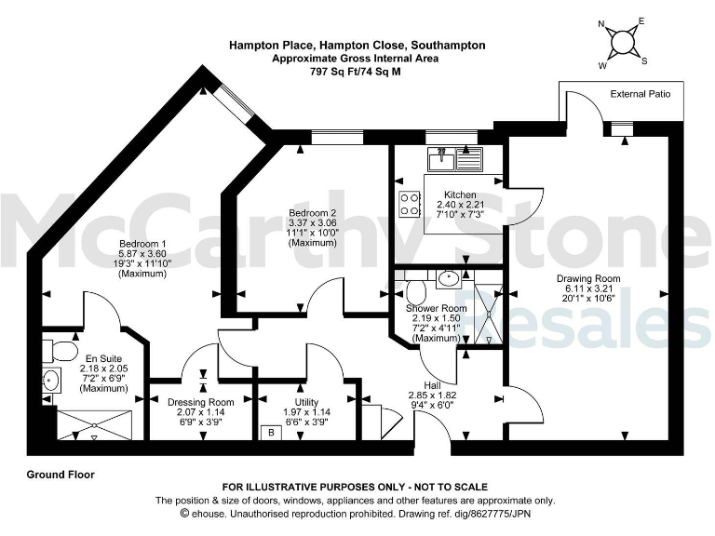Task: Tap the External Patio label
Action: point(646,94)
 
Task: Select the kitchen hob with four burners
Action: point(410,204)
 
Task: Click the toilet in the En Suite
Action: point(61,351)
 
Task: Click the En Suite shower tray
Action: point(96,424)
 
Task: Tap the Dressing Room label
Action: point(201,402)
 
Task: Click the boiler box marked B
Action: point(271,432)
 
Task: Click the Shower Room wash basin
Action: point(448,277)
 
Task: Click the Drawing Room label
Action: point(588,278)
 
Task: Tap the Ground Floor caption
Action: point(61,475)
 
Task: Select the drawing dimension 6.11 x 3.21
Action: point(588,288)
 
